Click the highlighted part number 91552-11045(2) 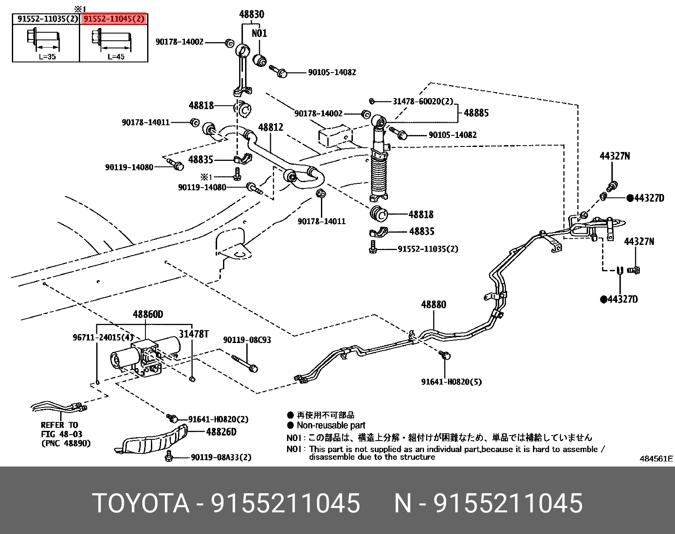114,19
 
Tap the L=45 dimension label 116,56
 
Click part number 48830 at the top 251,14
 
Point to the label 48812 271,127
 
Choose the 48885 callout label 476,113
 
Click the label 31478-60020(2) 423,101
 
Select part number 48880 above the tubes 433,304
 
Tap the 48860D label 148,315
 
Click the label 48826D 221,433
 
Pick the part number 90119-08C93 247,340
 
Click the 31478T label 193,334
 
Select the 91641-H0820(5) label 451,382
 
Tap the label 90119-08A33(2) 221,457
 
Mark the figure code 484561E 656,458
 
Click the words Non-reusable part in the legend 331,425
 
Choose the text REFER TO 59,425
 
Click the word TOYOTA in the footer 140,503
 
